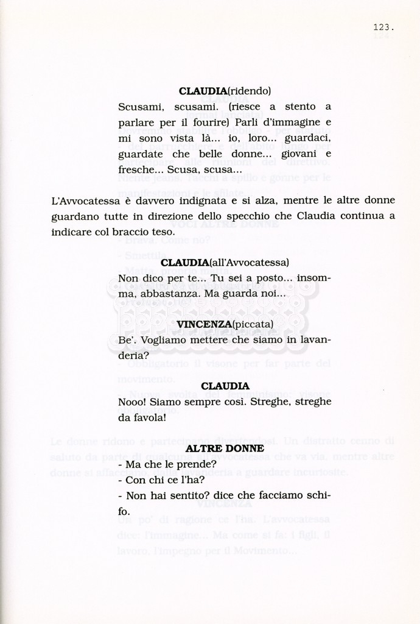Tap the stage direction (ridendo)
tap(249, 91)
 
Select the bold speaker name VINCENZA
tap(204, 324)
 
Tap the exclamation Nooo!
tap(132, 402)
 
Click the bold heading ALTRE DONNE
tap(225, 448)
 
